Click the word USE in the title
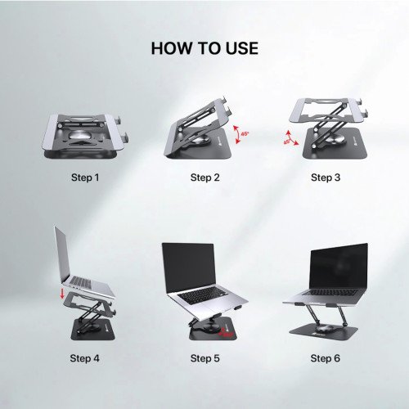click(240, 48)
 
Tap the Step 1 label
click(85, 177)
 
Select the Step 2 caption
click(204, 177)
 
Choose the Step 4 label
click(85, 357)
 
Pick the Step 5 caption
click(204, 357)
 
